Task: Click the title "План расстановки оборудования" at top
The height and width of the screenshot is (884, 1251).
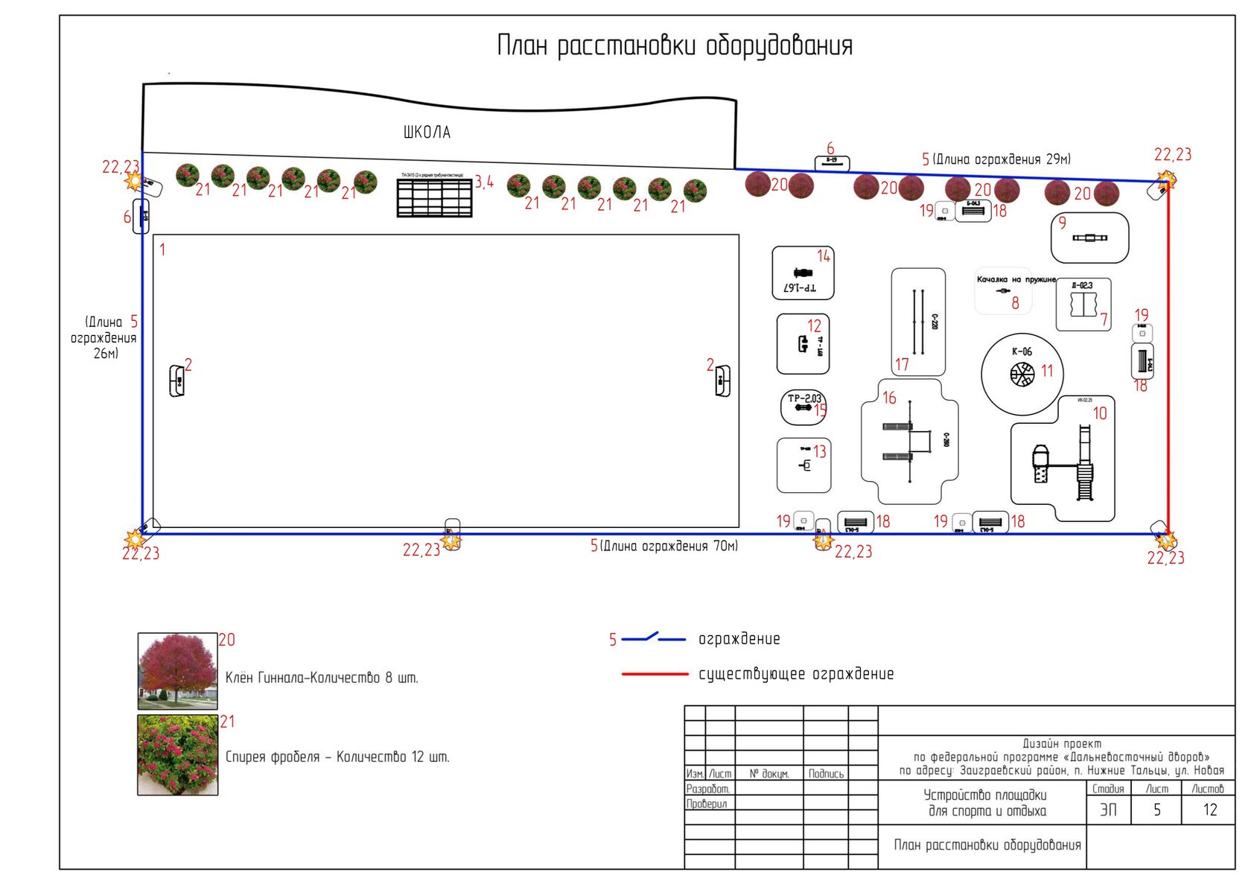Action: coord(674,46)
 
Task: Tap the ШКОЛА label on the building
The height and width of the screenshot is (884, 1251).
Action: coord(427,133)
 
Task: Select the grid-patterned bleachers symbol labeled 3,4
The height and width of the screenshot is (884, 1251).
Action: coord(434,197)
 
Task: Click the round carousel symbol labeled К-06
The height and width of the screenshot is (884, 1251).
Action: coord(1022,374)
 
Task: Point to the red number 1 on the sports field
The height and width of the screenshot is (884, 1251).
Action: coord(162,250)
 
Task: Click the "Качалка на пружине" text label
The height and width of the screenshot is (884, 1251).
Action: coord(1016,280)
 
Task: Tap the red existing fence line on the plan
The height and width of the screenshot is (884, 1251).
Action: coord(1168,357)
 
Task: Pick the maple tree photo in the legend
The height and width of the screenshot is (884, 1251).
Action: coord(177,671)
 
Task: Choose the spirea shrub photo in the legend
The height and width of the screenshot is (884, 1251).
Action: coord(177,755)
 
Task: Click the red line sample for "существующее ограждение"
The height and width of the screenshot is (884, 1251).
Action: coord(655,674)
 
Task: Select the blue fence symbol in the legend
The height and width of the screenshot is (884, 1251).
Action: coord(653,638)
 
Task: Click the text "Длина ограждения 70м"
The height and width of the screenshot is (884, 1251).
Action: coord(669,547)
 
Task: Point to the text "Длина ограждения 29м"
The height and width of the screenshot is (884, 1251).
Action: coord(1002,159)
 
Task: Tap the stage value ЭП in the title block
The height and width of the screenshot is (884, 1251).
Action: coord(1108,810)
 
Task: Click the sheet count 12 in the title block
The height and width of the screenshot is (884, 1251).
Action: coord(1209,810)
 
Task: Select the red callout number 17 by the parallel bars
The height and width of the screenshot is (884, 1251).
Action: coord(902,365)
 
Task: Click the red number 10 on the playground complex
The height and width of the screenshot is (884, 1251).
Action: coord(1100,413)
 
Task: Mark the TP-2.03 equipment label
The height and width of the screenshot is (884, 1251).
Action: coord(804,398)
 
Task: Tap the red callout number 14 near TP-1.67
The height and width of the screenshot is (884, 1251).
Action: coord(823,256)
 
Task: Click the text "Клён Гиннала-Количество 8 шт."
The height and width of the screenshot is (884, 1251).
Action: coord(322,678)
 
